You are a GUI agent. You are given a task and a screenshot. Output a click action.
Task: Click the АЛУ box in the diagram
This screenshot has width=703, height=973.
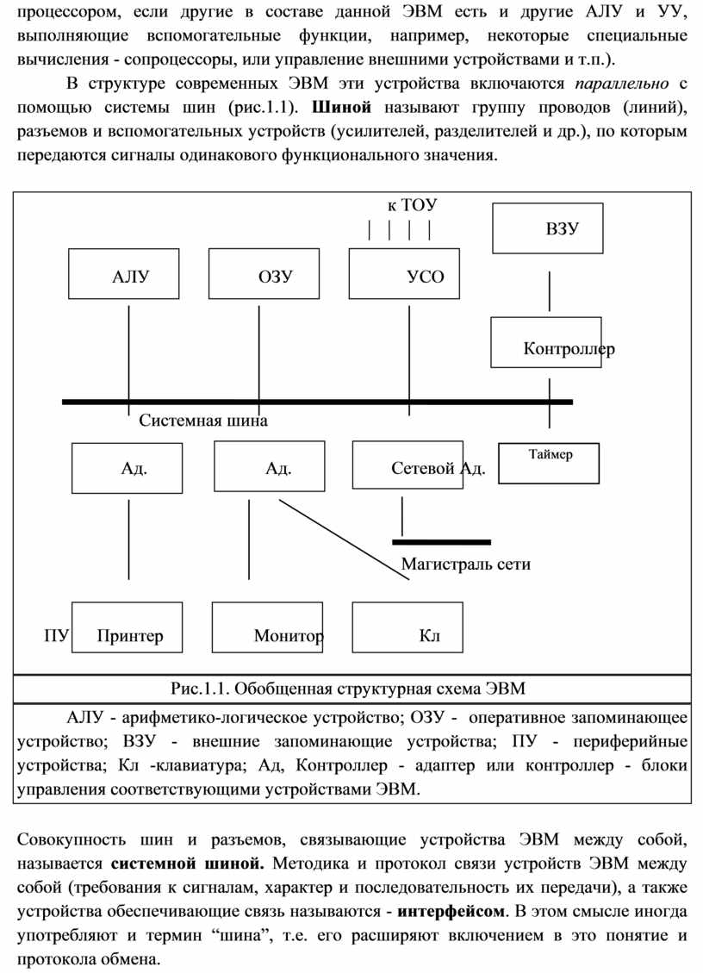pos(125,274)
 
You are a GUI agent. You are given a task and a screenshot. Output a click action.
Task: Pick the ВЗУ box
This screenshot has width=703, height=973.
pos(547,228)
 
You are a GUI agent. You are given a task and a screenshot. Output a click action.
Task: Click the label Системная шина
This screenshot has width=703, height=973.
pos(203,421)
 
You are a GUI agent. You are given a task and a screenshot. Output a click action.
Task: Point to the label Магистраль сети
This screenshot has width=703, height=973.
pos(466,564)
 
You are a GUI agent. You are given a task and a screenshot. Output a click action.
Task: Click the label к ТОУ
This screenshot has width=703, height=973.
pos(412,205)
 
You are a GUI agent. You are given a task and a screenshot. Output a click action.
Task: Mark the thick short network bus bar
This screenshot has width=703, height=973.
pos(441,542)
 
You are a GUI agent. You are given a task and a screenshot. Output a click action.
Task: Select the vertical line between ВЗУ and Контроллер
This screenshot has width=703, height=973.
pos(550,291)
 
